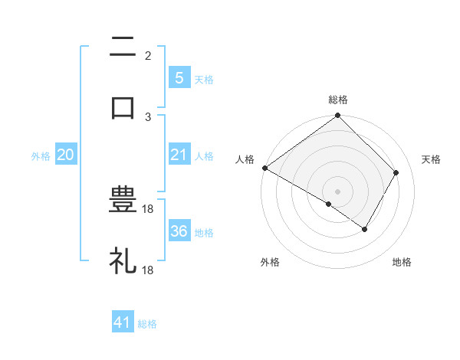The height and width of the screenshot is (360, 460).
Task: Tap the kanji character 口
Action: pyautogui.click(x=123, y=106)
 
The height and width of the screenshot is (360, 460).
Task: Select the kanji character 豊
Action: pyautogui.click(x=123, y=200)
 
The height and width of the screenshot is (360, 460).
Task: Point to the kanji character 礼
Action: pyautogui.click(x=123, y=260)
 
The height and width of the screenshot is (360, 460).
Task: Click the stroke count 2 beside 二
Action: pyautogui.click(x=148, y=55)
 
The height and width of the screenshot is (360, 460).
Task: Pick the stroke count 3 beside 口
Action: pyautogui.click(x=148, y=116)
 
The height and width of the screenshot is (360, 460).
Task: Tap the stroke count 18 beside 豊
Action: pyautogui.click(x=149, y=209)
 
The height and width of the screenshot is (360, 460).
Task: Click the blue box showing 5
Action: pyautogui.click(x=179, y=77)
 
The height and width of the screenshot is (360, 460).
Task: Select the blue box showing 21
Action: pyautogui.click(x=179, y=155)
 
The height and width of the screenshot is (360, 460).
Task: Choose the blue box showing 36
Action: pyautogui.click(x=179, y=231)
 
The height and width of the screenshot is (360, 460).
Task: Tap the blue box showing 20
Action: pyautogui.click(x=66, y=155)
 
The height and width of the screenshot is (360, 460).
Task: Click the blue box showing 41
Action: pyautogui.click(x=123, y=323)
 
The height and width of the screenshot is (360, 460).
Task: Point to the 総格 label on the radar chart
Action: pyautogui.click(x=338, y=100)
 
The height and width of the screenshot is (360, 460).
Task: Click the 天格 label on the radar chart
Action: pyautogui.click(x=431, y=159)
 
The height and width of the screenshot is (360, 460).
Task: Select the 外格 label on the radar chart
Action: pyautogui.click(x=270, y=262)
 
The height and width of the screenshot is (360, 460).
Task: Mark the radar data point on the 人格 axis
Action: pyautogui.click(x=264, y=168)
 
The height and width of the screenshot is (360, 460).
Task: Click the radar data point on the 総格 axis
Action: pyautogui.click(x=338, y=116)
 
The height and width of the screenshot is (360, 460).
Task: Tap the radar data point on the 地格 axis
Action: pyautogui.click(x=365, y=229)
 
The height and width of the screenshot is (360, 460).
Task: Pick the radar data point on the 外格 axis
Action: pyautogui.click(x=329, y=204)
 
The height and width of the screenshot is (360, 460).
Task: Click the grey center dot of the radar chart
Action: pyautogui.click(x=338, y=191)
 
